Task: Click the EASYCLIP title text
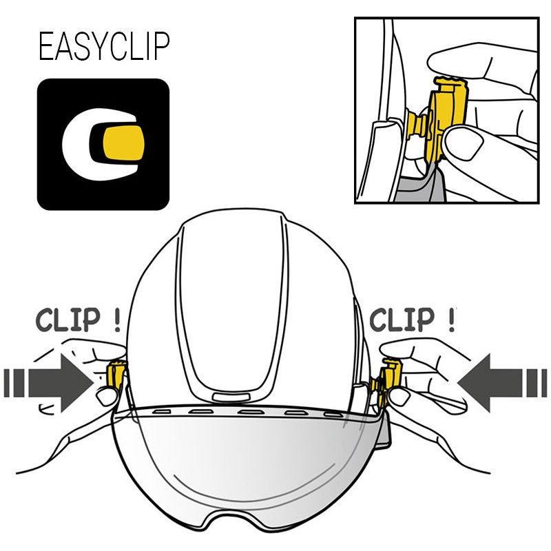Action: tap(104, 46)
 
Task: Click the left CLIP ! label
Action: tap(78, 320)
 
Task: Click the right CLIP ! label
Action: tap(413, 320)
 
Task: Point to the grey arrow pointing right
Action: tap(49, 383)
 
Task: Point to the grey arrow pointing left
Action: tap(503, 383)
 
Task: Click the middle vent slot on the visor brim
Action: tap(250, 411)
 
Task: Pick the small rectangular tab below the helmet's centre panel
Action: tap(231, 397)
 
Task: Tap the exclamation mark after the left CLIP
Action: tap(117, 320)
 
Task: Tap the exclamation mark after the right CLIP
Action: tap(452, 320)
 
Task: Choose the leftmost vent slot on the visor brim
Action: tap(162, 411)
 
